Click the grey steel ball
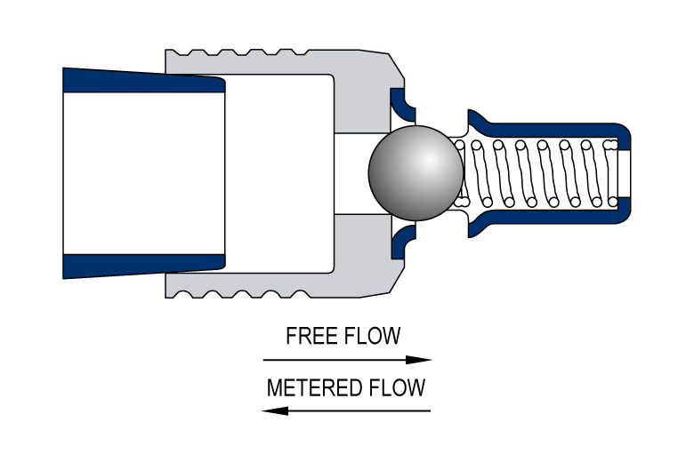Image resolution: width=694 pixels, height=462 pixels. pyautogui.click(x=416, y=173)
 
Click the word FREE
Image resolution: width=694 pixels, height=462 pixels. pyautogui.click(x=312, y=336)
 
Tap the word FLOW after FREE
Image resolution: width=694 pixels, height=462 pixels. pyautogui.click(x=372, y=336)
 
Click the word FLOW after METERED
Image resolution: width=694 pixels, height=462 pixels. pyautogui.click(x=397, y=387)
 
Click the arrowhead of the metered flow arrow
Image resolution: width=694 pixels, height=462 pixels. pyautogui.click(x=275, y=410)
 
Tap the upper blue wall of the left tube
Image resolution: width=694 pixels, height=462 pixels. pyautogui.click(x=144, y=81)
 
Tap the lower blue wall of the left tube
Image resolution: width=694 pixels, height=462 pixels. pyautogui.click(x=144, y=267)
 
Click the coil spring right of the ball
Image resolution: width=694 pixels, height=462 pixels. pyautogui.click(x=537, y=173)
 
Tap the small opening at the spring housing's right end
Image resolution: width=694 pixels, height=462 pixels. pyautogui.click(x=624, y=174)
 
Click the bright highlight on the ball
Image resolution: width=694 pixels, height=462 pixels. pyautogui.click(x=429, y=160)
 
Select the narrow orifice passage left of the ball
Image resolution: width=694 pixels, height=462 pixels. pyautogui.click(x=355, y=174)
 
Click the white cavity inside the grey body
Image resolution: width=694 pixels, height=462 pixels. pyautogui.click(x=279, y=174)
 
